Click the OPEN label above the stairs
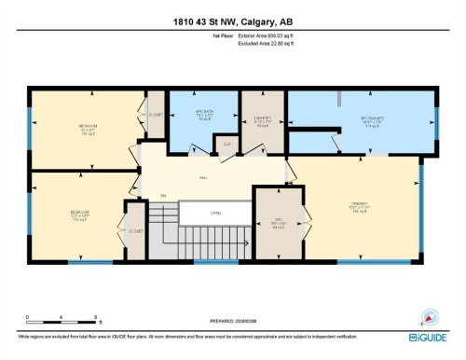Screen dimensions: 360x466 214,213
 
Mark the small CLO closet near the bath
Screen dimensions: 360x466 226,145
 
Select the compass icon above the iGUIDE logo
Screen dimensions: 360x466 430,316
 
